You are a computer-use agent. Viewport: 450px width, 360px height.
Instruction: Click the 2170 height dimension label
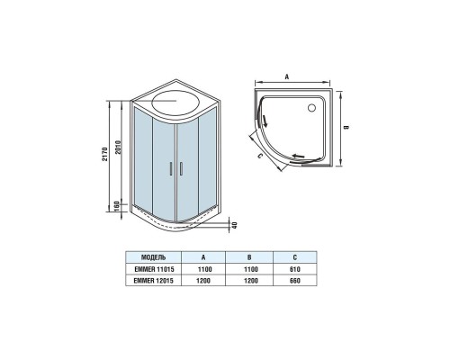click(104, 154)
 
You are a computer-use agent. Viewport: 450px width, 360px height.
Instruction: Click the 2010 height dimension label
click(118, 147)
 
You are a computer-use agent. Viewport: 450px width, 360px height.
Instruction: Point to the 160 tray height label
click(117, 206)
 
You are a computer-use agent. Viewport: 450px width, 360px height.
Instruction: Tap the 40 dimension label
click(235, 225)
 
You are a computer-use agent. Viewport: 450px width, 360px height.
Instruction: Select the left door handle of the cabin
click(171, 168)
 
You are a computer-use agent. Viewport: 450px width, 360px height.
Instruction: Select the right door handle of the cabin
click(181, 168)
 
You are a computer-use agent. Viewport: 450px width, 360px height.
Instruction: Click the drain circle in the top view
click(311, 107)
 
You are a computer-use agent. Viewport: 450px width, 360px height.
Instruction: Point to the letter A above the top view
click(287, 77)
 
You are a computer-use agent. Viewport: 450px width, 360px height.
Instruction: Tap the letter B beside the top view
click(346, 127)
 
